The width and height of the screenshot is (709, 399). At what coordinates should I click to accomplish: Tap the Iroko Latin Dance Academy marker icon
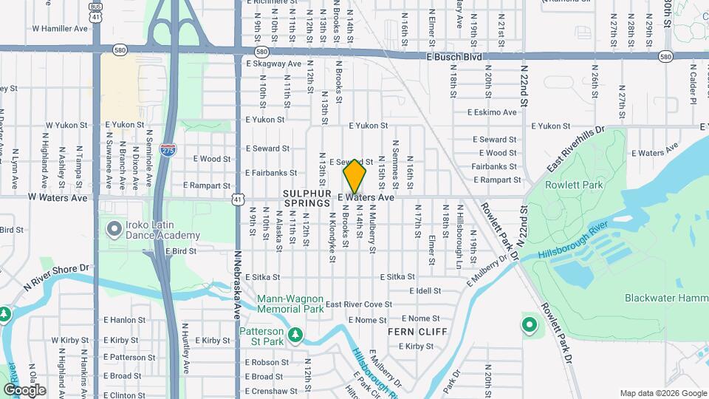click(x=114, y=228)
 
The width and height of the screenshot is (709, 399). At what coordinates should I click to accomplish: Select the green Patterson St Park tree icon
click(x=295, y=335)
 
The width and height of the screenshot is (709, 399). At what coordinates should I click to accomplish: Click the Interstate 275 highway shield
click(x=168, y=149)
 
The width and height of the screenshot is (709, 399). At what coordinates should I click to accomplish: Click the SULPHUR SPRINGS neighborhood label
click(x=306, y=197)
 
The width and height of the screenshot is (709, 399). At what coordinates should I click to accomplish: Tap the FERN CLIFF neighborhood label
click(x=417, y=332)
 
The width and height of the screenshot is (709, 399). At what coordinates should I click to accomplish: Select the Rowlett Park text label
click(x=574, y=185)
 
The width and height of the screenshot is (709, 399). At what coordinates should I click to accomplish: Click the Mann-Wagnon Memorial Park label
click(x=290, y=304)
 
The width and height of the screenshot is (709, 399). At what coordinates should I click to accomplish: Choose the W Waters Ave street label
click(x=58, y=198)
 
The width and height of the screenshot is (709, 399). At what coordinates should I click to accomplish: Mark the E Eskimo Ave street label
click(x=492, y=112)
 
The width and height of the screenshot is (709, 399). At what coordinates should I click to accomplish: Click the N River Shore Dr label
click(x=55, y=277)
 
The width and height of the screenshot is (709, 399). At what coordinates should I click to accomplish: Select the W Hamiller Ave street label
click(x=60, y=28)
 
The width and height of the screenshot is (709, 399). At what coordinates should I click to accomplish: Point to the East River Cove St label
click(x=359, y=304)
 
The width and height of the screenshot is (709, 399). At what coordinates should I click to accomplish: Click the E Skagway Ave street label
click(x=273, y=64)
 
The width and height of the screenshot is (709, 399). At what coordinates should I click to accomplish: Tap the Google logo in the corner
click(x=24, y=389)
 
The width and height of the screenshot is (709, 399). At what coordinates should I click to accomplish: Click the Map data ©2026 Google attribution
click(x=662, y=393)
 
